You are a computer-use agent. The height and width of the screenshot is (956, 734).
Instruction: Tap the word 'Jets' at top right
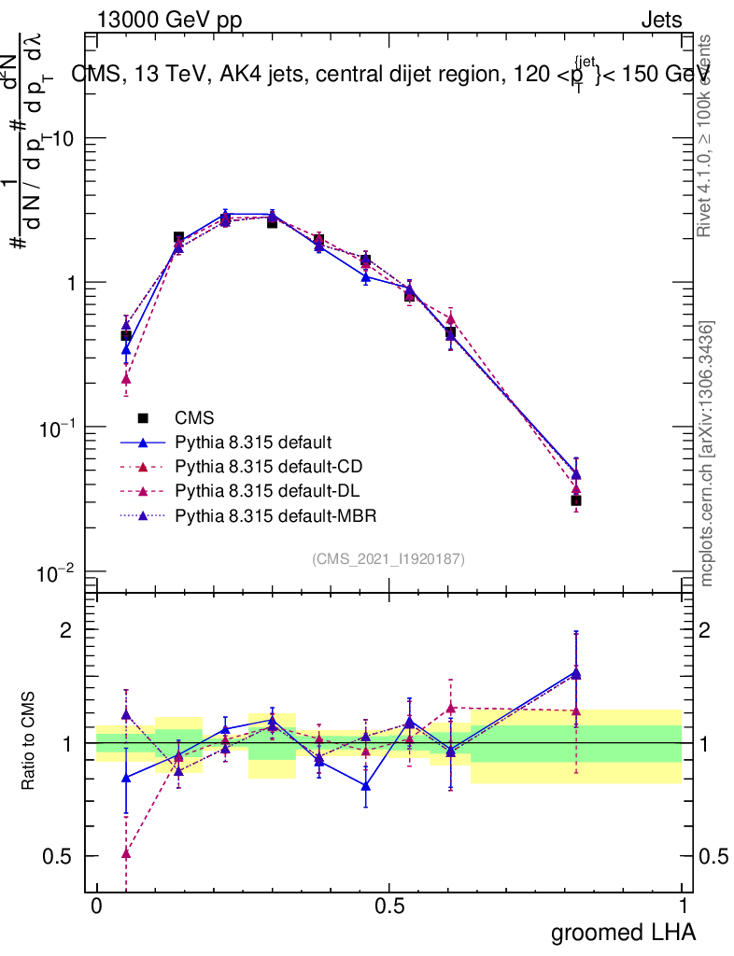tap(661, 21)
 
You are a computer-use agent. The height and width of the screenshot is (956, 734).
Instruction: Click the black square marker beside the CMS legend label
tap(144, 417)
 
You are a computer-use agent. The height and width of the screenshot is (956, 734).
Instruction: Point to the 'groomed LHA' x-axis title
tap(624, 932)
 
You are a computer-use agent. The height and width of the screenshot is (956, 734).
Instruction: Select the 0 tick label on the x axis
tap(96, 907)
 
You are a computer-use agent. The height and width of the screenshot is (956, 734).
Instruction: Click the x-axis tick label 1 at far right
tap(682, 907)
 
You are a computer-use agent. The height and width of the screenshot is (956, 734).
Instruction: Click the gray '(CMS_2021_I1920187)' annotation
tap(388, 558)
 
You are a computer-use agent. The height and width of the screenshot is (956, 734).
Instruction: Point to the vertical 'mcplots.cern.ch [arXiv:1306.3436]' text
tap(707, 453)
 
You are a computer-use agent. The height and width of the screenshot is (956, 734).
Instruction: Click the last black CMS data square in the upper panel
tap(576, 500)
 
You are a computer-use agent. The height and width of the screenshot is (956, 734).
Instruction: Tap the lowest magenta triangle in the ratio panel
tap(126, 852)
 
